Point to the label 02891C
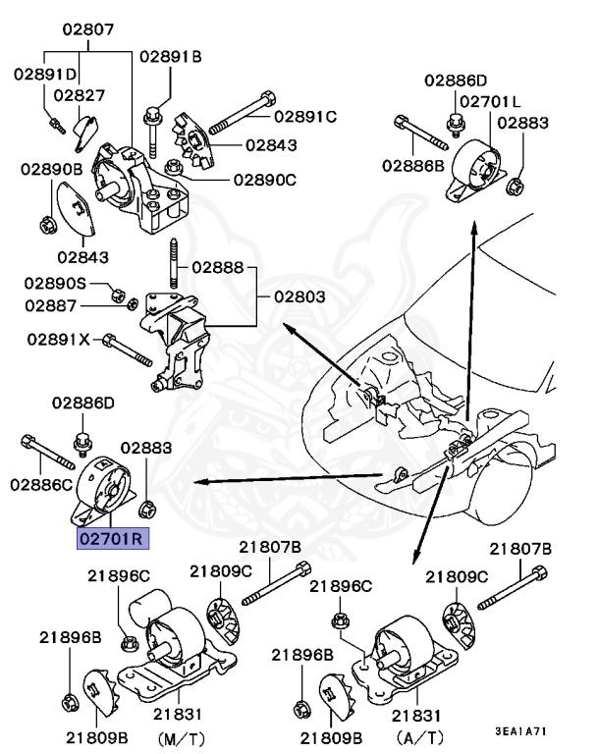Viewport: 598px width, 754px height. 304,116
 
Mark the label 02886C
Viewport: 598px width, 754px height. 41,483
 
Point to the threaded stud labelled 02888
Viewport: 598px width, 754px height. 174,270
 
